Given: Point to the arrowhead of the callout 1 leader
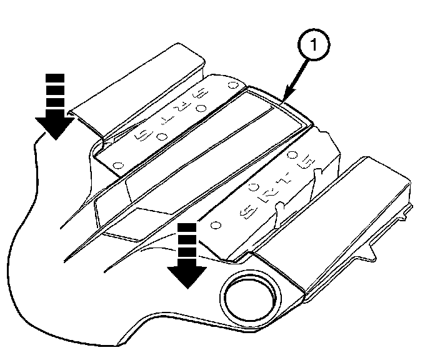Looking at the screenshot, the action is (282, 99).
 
